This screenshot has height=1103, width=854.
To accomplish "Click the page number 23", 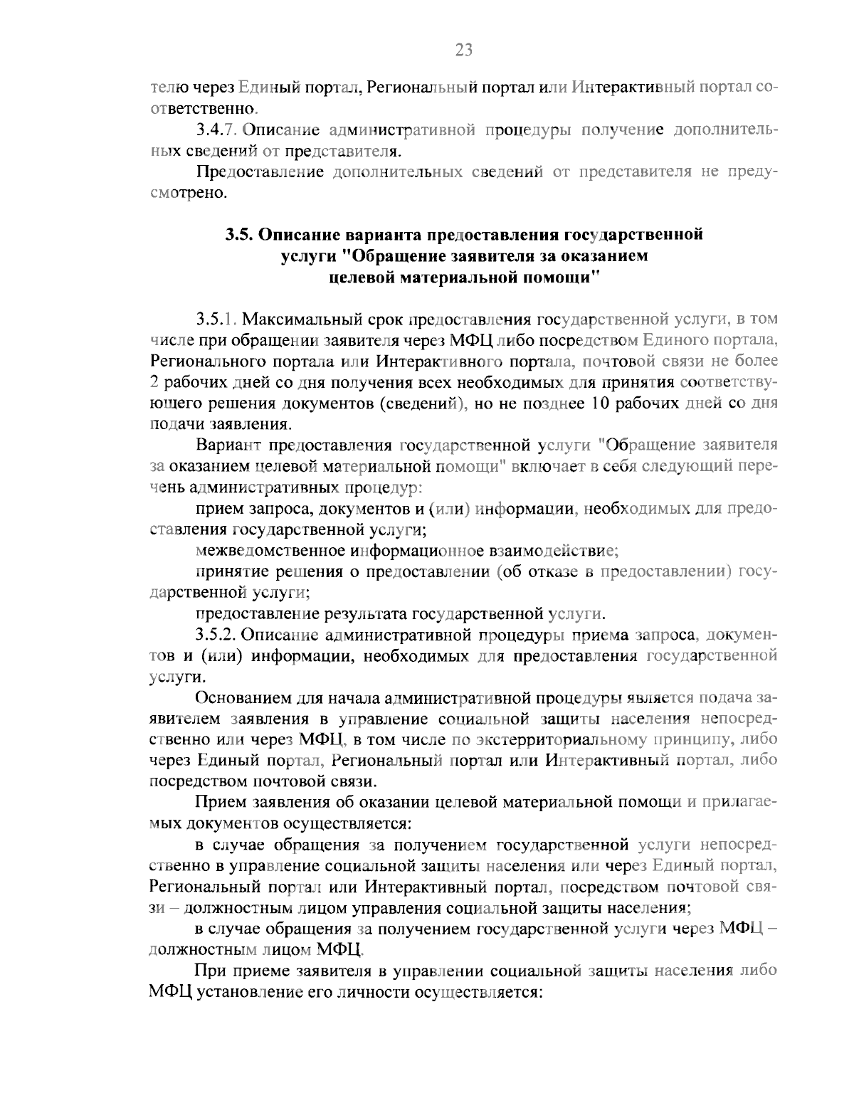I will point(463,49).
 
